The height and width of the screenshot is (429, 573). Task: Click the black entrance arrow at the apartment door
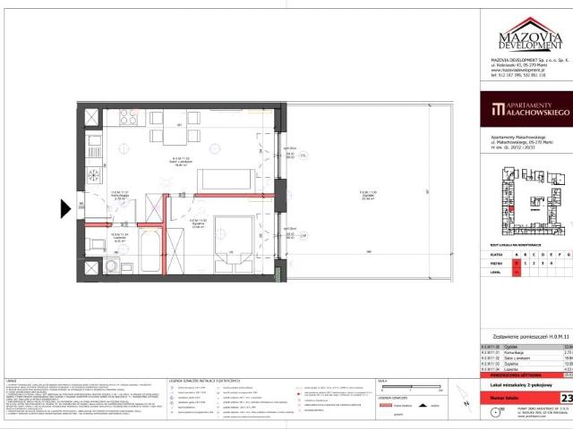tap(65, 209)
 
